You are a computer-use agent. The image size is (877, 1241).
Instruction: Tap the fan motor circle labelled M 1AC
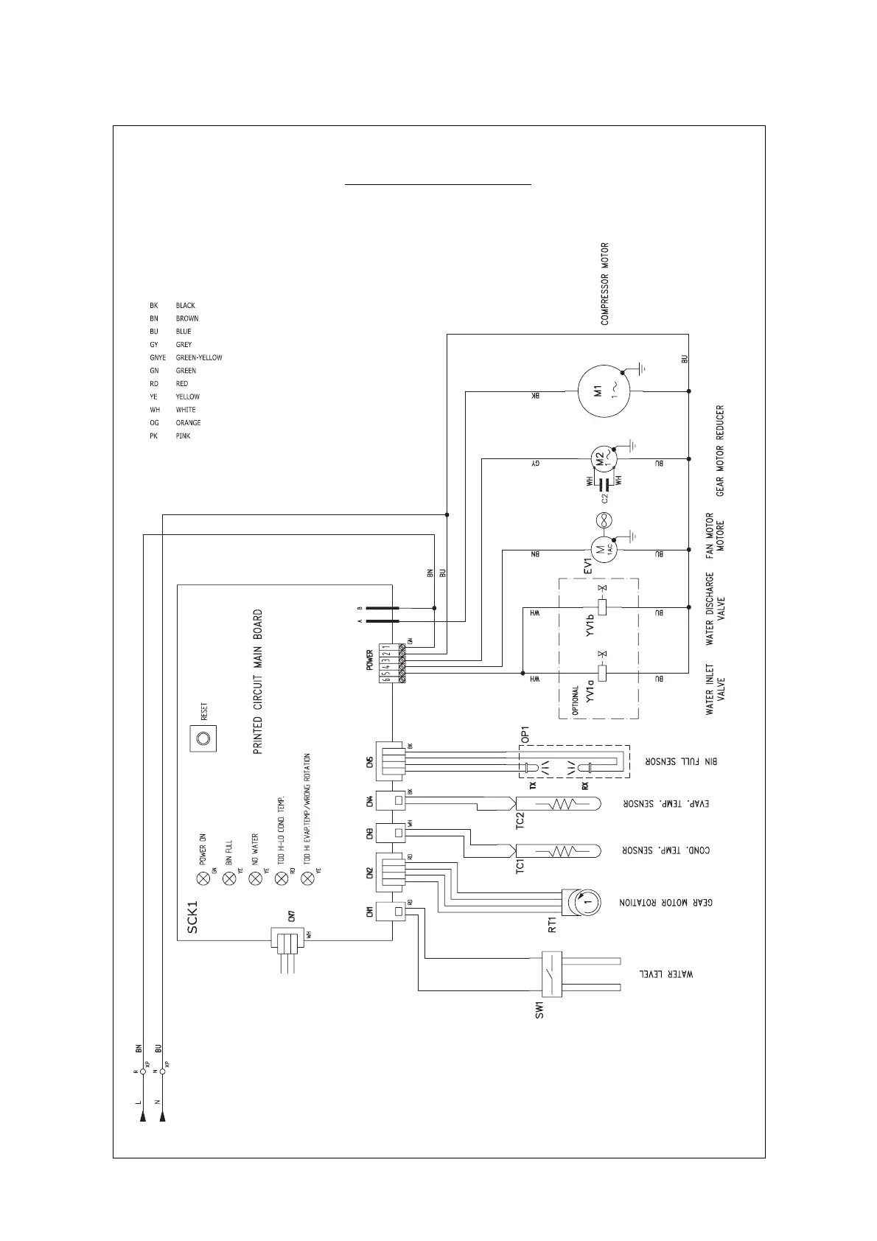pos(601,548)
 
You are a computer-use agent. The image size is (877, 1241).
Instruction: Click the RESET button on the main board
pos(203,737)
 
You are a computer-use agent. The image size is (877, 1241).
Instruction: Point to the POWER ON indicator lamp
pos(203,878)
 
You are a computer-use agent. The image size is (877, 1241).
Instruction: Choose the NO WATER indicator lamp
pos(255,878)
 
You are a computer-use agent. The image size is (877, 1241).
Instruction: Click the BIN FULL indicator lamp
pos(229,878)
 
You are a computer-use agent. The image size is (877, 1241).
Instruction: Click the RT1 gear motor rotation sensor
pos(581,901)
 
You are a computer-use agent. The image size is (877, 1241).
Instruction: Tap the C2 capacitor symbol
pos(604,484)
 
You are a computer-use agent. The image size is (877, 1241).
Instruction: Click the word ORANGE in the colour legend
pos(188,423)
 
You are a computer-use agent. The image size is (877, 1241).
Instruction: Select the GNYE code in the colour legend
pos(156,357)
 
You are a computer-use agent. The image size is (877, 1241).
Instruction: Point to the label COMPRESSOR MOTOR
pos(605,284)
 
